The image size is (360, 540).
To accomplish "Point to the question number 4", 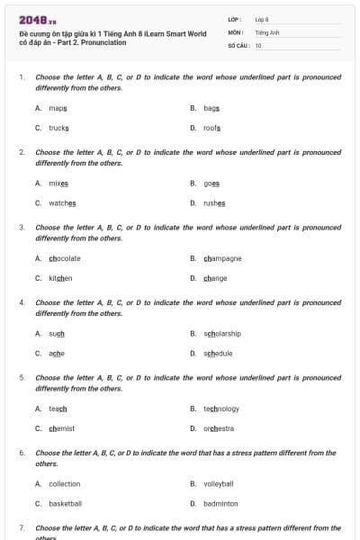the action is tap(22, 303).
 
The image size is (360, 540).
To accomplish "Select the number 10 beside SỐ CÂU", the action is tap(259, 45).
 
